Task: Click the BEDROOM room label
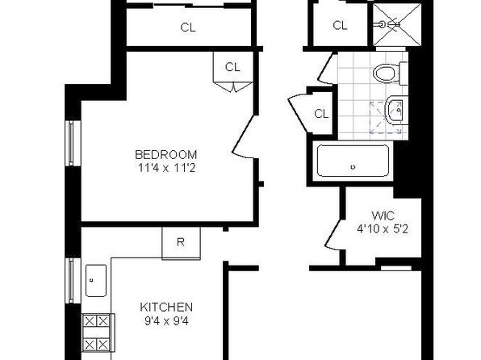[x=166, y=154]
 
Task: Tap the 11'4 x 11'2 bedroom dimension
[x=166, y=168]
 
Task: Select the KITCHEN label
[x=166, y=307]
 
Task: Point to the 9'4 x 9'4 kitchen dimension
[x=166, y=321]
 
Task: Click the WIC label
[x=383, y=216]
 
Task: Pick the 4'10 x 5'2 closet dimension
[x=383, y=229]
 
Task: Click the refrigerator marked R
[x=181, y=244]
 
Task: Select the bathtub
[x=353, y=161]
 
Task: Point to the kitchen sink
[x=96, y=281]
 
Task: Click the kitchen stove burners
[x=97, y=333]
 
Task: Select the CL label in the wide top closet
[x=188, y=27]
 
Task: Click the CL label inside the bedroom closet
[x=232, y=67]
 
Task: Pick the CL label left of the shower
[x=340, y=25]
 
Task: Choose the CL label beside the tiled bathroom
[x=321, y=114]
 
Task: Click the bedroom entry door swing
[x=244, y=136]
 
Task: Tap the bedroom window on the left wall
[x=71, y=143]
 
